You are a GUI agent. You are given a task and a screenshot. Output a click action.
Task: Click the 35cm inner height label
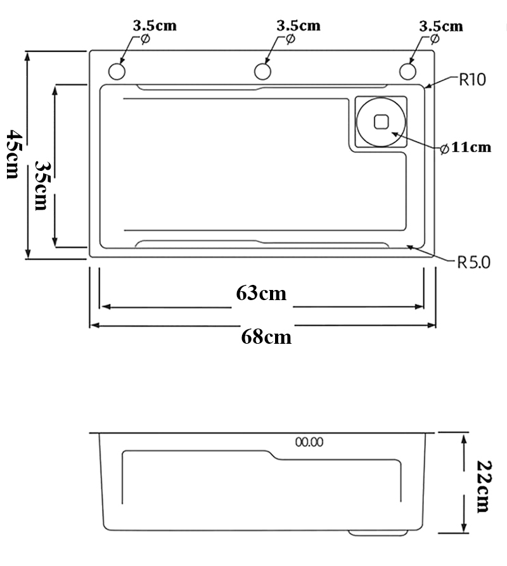42,185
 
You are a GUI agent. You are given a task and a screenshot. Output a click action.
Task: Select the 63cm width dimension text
261,294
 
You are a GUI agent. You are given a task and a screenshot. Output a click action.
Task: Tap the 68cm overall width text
266,336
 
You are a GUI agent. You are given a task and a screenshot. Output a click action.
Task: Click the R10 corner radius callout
472,80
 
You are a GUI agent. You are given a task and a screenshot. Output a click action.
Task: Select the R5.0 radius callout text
473,261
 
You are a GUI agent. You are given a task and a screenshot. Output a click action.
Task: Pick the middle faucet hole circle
262,70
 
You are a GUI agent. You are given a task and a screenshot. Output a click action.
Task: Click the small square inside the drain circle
382,120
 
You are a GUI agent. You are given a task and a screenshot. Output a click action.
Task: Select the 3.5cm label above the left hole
154,26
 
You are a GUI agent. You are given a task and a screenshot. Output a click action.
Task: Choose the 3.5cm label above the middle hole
298,26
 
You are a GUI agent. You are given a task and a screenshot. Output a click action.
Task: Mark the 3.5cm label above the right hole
441,27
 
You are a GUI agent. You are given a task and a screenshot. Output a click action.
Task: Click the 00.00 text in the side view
309,442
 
